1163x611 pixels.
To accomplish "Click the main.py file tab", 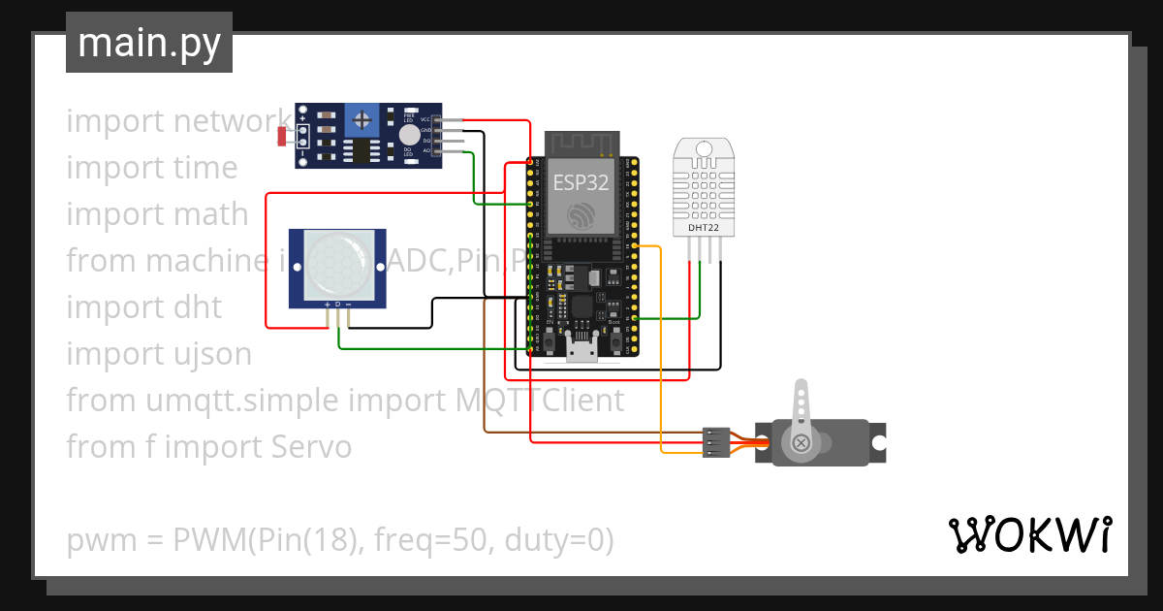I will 148,44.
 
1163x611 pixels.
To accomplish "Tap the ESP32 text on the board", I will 581,181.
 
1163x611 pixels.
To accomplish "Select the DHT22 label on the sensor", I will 704,227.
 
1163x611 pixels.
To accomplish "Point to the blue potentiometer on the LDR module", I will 362,121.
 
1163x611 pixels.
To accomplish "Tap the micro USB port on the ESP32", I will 582,349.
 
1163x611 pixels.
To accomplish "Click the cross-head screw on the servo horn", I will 802,443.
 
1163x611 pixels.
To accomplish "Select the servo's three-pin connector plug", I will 716,442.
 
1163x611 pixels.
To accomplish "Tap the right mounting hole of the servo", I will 878,443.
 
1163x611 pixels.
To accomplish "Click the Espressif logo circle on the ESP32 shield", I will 581,215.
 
